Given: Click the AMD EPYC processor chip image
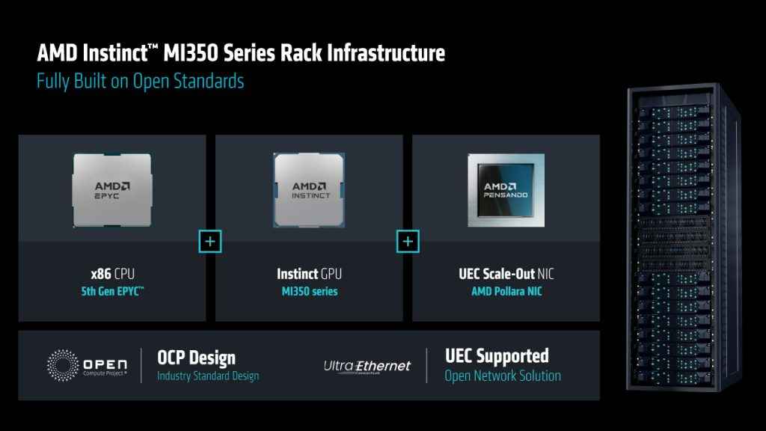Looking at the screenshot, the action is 112,190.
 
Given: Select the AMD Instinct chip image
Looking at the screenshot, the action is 309,190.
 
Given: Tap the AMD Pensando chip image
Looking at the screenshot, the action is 506,190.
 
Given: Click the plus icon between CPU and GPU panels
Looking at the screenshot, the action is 210,242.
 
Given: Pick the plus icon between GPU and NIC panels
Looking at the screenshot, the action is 408,242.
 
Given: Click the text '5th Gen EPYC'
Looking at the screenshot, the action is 112,291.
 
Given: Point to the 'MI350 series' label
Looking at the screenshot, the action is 309,291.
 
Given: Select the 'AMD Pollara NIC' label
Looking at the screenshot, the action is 506,291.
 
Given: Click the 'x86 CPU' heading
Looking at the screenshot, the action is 112,274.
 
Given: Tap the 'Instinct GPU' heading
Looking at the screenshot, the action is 309,274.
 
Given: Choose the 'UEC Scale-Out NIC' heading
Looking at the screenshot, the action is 506,274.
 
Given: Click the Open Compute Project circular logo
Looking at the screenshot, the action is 63,365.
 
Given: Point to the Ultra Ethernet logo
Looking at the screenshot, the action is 367,367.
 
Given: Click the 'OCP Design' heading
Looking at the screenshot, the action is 196,358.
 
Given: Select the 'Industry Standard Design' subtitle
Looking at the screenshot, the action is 208,376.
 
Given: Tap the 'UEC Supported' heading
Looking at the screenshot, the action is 497,356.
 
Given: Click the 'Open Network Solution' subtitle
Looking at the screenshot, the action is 503,376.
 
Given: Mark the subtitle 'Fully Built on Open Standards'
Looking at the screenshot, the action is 140,81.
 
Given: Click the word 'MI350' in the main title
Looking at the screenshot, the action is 191,53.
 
